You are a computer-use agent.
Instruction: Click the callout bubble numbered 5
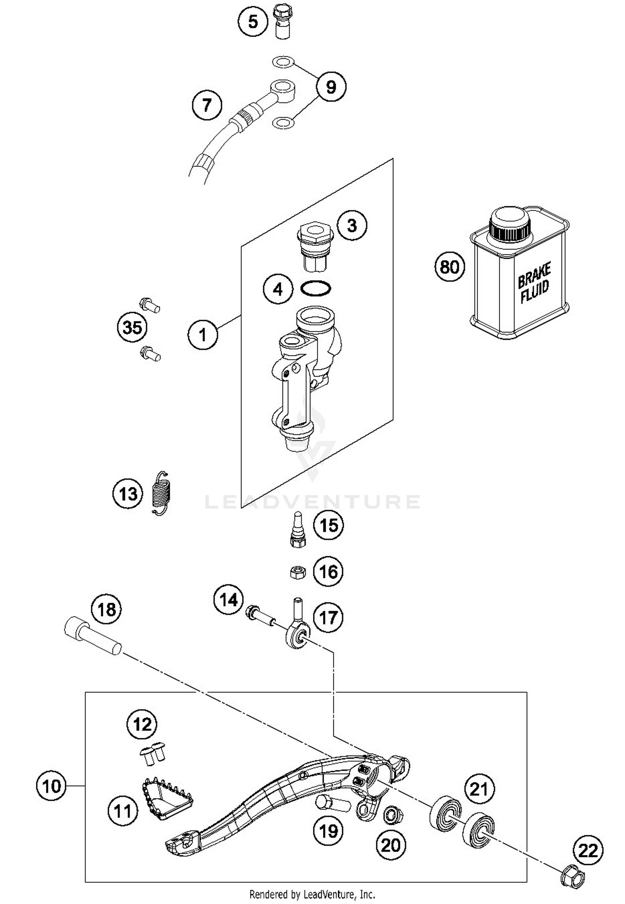(253, 21)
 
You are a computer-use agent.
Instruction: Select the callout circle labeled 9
(330, 87)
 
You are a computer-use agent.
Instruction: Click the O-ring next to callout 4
(316, 288)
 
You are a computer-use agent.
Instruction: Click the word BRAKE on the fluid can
(534, 275)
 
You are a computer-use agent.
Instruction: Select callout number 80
(449, 267)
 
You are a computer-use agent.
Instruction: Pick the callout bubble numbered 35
(132, 327)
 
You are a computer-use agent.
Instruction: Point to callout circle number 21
(479, 789)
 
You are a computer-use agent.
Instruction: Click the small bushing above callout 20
(392, 815)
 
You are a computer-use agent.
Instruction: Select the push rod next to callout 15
(297, 529)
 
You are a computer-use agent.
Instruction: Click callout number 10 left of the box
(51, 787)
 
